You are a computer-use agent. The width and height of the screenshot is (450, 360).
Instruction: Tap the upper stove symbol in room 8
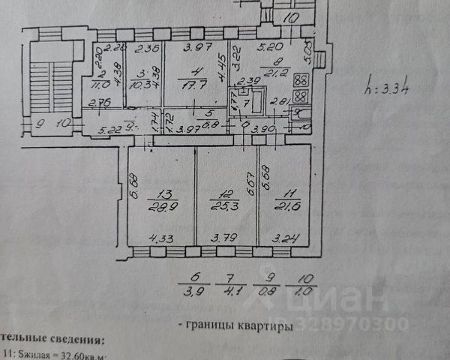click(300, 80)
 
